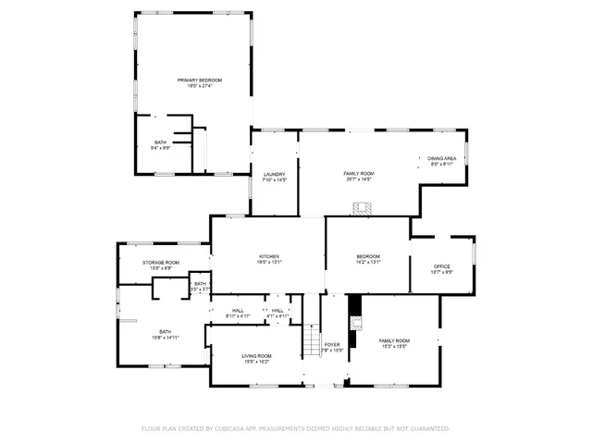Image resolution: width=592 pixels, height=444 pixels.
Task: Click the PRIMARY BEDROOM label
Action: click(x=201, y=80)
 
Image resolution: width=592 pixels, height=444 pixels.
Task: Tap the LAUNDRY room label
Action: click(x=274, y=174)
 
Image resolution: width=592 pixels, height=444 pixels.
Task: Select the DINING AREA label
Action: click(x=441, y=158)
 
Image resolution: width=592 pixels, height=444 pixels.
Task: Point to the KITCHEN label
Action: click(x=269, y=256)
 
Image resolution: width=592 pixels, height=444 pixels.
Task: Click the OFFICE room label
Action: click(x=442, y=266)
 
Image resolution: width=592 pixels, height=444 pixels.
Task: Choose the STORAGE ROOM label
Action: click(x=161, y=263)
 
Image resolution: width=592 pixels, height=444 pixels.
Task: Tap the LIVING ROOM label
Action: click(x=257, y=356)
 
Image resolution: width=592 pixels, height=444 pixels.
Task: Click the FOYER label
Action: click(x=332, y=345)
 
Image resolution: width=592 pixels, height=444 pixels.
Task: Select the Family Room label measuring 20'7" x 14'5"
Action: click(x=359, y=174)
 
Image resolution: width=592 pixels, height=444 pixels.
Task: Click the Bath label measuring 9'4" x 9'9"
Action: click(x=160, y=142)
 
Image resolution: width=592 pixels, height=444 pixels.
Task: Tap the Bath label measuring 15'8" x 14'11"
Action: click(x=165, y=331)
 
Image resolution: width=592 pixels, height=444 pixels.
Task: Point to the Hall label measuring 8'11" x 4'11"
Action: click(x=238, y=310)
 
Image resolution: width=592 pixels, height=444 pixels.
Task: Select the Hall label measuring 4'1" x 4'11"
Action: click(x=277, y=310)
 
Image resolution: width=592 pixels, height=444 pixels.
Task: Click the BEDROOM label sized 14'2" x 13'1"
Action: click(x=368, y=256)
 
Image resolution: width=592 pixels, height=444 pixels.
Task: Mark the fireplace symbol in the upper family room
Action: click(x=368, y=206)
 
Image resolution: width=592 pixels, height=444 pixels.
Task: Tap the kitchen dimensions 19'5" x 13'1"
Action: click(x=269, y=263)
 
